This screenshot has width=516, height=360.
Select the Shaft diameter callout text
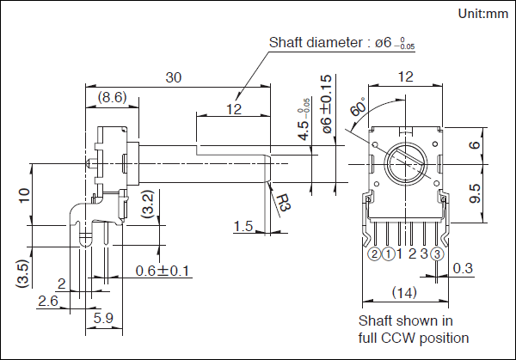341,42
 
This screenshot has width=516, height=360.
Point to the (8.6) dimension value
113,97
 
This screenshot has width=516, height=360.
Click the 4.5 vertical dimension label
303,125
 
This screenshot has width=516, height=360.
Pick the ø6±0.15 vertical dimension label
326,110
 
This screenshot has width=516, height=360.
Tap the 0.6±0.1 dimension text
163,272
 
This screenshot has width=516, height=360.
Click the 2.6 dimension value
48,301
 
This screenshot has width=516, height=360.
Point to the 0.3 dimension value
463,269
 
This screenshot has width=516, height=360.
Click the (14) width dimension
404,293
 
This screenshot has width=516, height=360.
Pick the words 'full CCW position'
413,337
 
